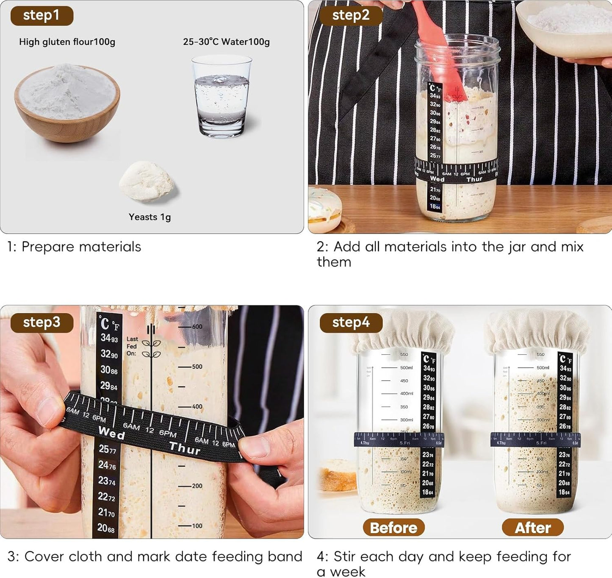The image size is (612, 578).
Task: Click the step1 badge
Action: (42, 16)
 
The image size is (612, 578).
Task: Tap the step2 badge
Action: (351, 16)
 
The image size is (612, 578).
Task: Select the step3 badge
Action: (42, 322)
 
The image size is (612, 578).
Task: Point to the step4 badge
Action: (351, 323)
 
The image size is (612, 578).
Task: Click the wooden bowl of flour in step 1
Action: (67, 102)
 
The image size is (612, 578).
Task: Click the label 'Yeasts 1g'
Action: (150, 217)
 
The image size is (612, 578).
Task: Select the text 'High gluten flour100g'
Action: (67, 42)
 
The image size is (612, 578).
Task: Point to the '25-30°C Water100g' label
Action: (226, 42)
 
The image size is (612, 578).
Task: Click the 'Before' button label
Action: (393, 528)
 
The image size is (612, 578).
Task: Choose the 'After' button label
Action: (533, 528)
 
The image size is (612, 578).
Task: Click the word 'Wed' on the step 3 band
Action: (112, 433)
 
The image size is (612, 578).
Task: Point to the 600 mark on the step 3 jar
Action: (197, 327)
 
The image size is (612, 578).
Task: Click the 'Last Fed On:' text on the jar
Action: (132, 346)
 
